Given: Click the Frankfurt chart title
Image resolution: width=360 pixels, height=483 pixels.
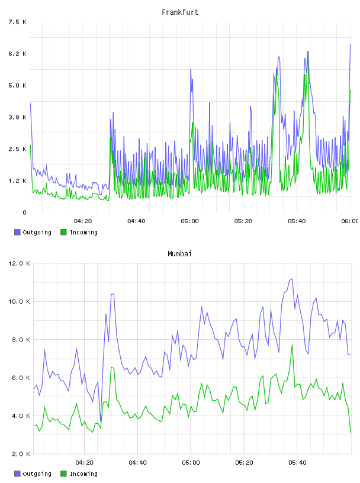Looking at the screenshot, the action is pyautogui.click(x=180, y=12).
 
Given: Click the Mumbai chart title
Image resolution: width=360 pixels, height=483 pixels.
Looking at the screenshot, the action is pyautogui.click(x=179, y=254).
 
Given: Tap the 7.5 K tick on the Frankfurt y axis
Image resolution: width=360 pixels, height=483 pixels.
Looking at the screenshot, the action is pyautogui.click(x=17, y=22).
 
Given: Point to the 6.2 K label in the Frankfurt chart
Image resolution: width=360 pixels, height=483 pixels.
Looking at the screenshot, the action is pyautogui.click(x=17, y=54).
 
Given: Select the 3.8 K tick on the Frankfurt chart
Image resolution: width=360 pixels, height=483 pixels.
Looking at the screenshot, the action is pyautogui.click(x=17, y=117).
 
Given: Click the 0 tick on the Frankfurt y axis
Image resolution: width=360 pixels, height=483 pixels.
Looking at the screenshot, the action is pyautogui.click(x=24, y=212).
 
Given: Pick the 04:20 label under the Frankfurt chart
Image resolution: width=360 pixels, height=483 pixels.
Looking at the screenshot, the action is pyautogui.click(x=83, y=221).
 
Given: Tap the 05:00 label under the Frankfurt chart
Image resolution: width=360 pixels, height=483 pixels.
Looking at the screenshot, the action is pyautogui.click(x=190, y=221).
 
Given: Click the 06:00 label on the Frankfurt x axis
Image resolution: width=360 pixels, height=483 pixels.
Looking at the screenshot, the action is pyautogui.click(x=349, y=221).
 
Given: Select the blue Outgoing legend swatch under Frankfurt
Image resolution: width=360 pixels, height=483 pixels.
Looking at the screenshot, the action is pyautogui.click(x=17, y=232).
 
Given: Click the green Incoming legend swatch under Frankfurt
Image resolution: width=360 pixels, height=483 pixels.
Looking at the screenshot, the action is pyautogui.click(x=63, y=232).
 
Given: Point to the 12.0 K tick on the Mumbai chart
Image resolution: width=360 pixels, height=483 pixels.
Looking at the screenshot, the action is pyautogui.click(x=19, y=263).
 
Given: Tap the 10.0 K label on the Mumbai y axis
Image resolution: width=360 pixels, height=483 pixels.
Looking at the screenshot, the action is pyautogui.click(x=19, y=301).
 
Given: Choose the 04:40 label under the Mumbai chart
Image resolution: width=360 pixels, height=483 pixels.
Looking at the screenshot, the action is pyautogui.click(x=138, y=462).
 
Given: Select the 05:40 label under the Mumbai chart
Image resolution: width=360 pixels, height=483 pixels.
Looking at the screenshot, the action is pyautogui.click(x=297, y=462).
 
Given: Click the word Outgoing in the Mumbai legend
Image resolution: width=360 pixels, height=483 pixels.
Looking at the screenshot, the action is pyautogui.click(x=37, y=474).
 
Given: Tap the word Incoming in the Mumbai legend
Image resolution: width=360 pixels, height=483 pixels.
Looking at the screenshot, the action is pyautogui.click(x=83, y=474).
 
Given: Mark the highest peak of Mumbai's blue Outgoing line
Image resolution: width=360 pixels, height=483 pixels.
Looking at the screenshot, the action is pyautogui.click(x=292, y=279).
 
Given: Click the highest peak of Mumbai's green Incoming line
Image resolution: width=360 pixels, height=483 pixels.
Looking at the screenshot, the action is pyautogui.click(x=292, y=345).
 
